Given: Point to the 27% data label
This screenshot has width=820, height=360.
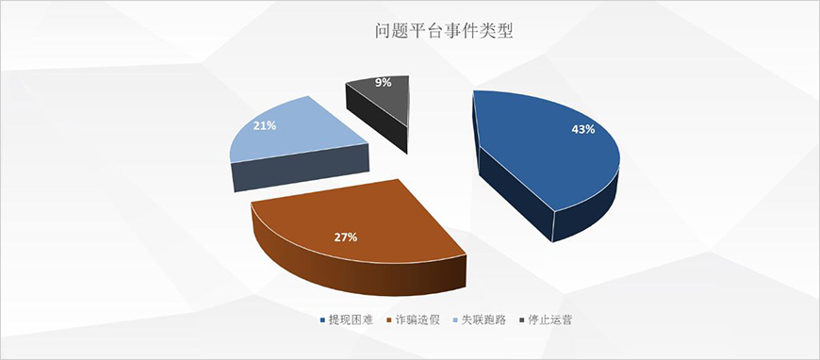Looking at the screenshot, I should click(345, 237).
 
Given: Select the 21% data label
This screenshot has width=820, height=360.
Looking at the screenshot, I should click(264, 124).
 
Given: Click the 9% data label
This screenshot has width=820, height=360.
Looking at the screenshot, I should click(383, 83).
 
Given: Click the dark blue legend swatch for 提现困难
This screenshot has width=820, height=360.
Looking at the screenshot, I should click(323, 320).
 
